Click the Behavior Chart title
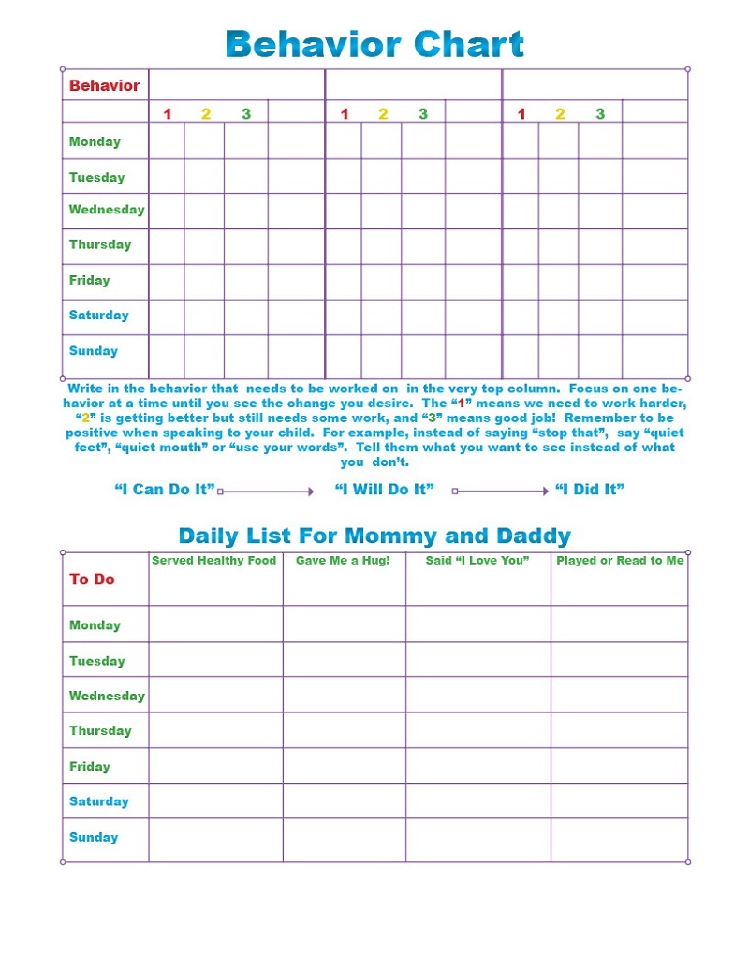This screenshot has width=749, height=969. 374,44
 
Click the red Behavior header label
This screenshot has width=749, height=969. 104,86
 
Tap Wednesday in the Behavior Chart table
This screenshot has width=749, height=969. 107,210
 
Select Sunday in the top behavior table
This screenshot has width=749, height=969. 94,351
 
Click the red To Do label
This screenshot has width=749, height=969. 92,580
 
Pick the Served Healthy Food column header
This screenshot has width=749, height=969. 214,561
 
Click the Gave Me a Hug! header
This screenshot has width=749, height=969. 343,561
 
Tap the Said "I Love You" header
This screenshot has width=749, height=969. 477,561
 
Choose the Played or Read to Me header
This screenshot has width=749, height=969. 620,561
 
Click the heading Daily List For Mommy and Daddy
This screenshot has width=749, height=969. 374,536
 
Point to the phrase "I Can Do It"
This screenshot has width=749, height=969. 165,490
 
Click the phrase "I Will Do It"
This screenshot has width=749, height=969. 385,490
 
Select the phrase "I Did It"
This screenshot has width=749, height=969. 590,490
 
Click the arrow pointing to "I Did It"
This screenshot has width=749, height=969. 501,491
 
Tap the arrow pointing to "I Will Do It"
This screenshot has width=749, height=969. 266,491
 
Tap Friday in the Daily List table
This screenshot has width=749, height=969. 90,767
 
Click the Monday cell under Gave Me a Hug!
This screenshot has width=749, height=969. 344,624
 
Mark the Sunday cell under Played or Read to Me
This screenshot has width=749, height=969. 619,840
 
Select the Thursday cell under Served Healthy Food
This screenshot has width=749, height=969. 215,730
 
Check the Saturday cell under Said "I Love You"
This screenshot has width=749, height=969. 477,802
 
